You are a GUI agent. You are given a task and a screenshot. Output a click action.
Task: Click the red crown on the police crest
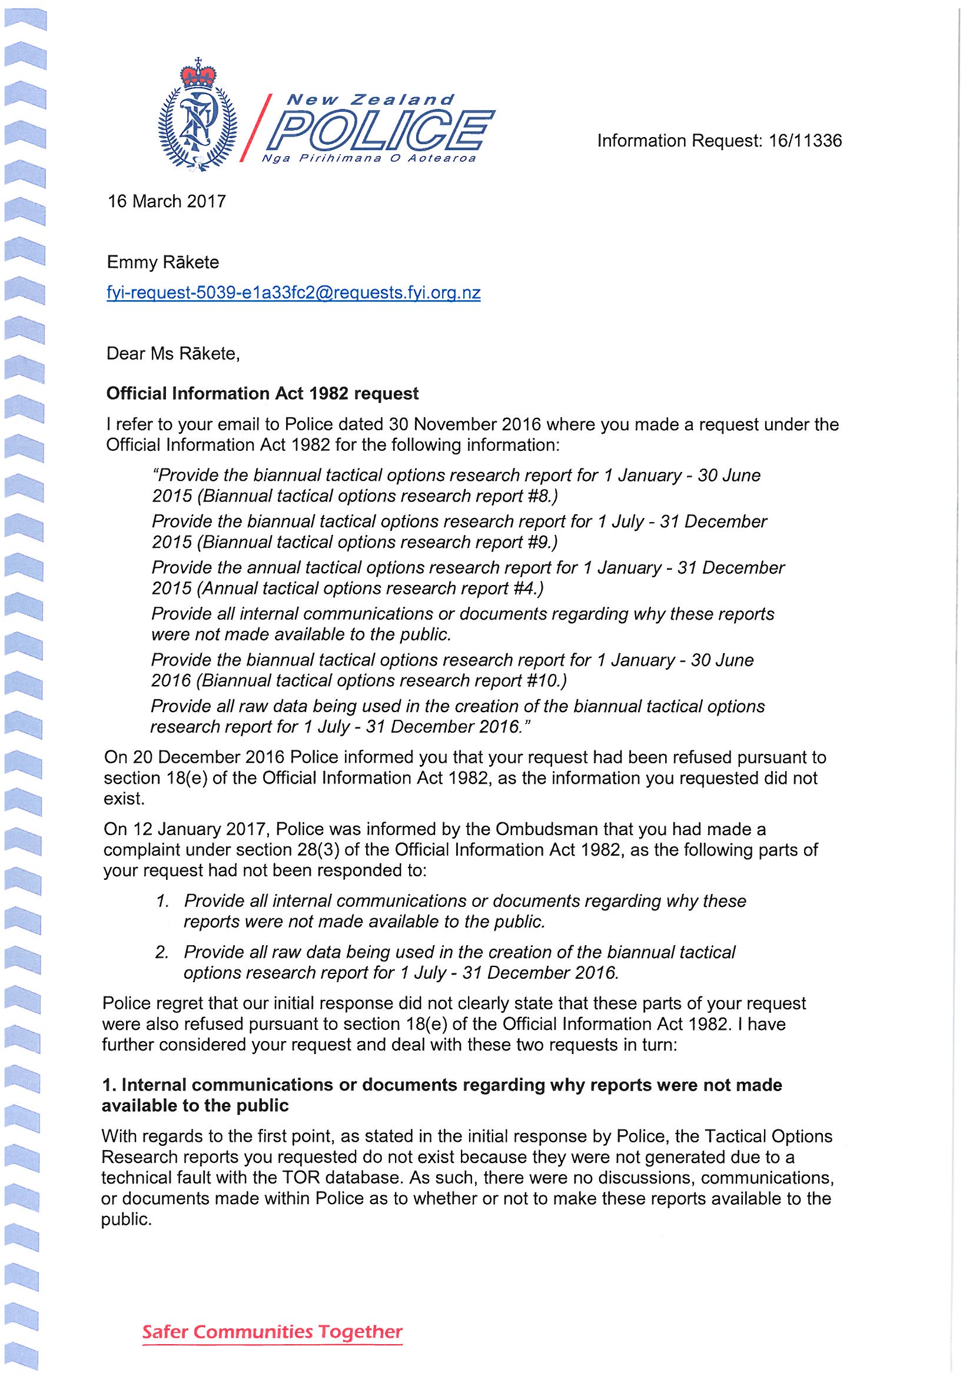click(x=198, y=75)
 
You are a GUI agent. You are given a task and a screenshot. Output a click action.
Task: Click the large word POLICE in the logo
click(x=383, y=129)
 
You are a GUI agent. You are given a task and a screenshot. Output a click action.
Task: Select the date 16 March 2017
click(x=167, y=201)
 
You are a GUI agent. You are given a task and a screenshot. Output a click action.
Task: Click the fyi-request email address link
click(x=293, y=293)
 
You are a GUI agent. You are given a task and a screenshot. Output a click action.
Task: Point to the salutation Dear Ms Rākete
click(x=172, y=354)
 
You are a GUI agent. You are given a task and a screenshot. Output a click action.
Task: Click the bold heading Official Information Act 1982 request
click(x=262, y=394)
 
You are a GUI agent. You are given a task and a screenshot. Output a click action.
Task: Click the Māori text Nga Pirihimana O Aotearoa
click(x=368, y=159)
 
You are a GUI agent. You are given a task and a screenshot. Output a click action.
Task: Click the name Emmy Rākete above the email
click(x=162, y=262)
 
